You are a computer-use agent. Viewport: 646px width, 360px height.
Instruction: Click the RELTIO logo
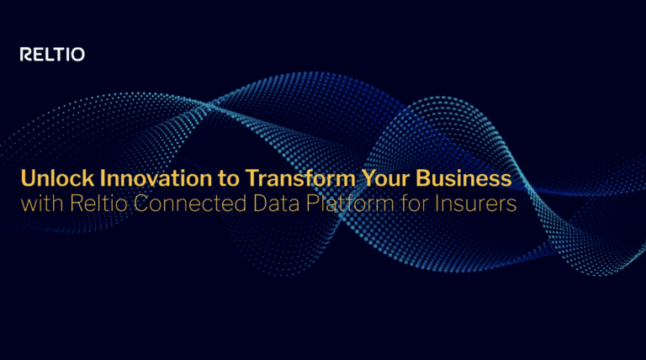tap(52, 56)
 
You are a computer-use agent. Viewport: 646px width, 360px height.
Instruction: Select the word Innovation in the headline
tap(140, 179)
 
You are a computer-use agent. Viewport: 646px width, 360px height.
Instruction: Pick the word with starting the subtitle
tap(38, 204)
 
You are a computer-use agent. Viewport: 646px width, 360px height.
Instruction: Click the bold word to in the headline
tap(218, 179)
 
